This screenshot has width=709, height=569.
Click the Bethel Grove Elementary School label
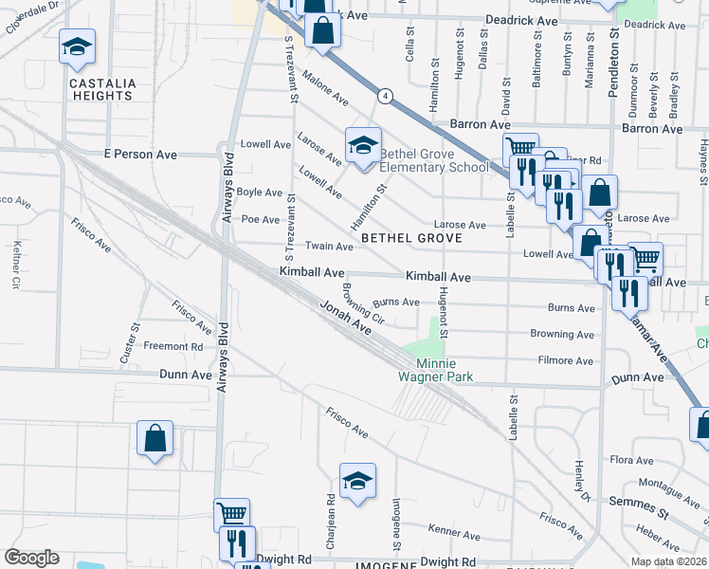coord(433,160)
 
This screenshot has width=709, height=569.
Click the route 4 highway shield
coord(385,96)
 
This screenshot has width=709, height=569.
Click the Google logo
coord(31,558)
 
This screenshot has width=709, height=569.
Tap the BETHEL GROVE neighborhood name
coord(411,238)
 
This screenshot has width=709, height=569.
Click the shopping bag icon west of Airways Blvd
coord(155,440)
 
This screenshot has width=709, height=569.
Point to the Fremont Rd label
coord(173,347)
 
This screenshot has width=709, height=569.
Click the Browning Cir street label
coord(362,303)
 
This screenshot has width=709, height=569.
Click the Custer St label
coord(130,343)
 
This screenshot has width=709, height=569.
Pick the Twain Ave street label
coord(329,247)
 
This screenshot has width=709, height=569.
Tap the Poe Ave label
coord(261,219)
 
